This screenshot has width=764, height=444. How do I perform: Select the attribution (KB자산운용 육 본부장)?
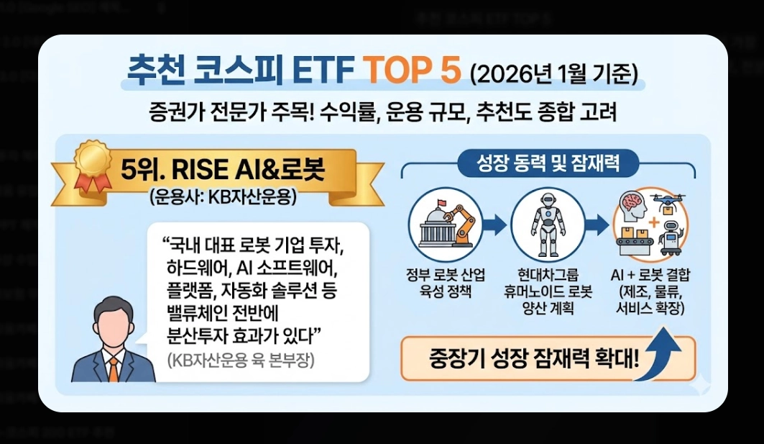pyautogui.click(x=241, y=360)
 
